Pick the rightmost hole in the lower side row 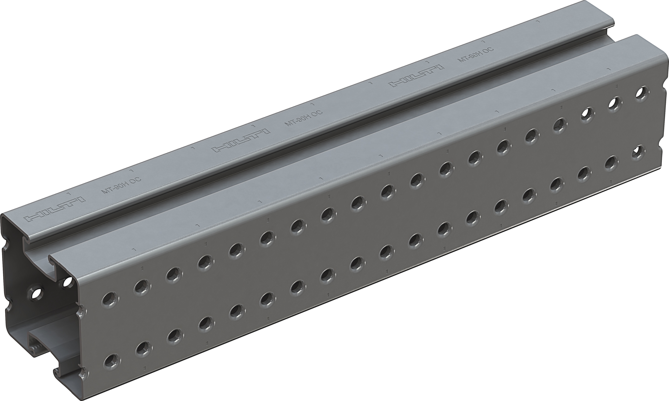[638, 153]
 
